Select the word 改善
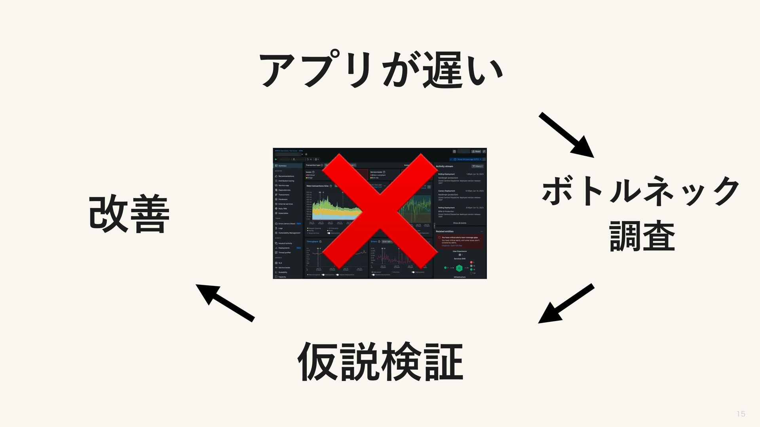tap(129, 214)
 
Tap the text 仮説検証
tap(380, 362)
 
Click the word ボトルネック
tap(640, 191)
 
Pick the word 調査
tap(642, 236)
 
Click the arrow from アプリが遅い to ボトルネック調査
tap(566, 135)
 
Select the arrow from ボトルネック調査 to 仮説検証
tap(566, 304)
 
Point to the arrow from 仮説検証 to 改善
tap(225, 303)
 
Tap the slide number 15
tap(741, 414)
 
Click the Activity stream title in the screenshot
tap(445, 166)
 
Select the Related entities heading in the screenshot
tap(445, 231)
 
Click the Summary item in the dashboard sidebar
tap(282, 166)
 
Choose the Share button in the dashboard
tap(476, 151)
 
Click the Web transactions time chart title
tap(317, 186)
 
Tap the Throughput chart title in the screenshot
tap(312, 242)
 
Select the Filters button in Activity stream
tap(477, 166)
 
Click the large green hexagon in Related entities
tap(459, 268)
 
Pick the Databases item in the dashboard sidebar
tap(283, 199)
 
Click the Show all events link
tap(460, 223)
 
